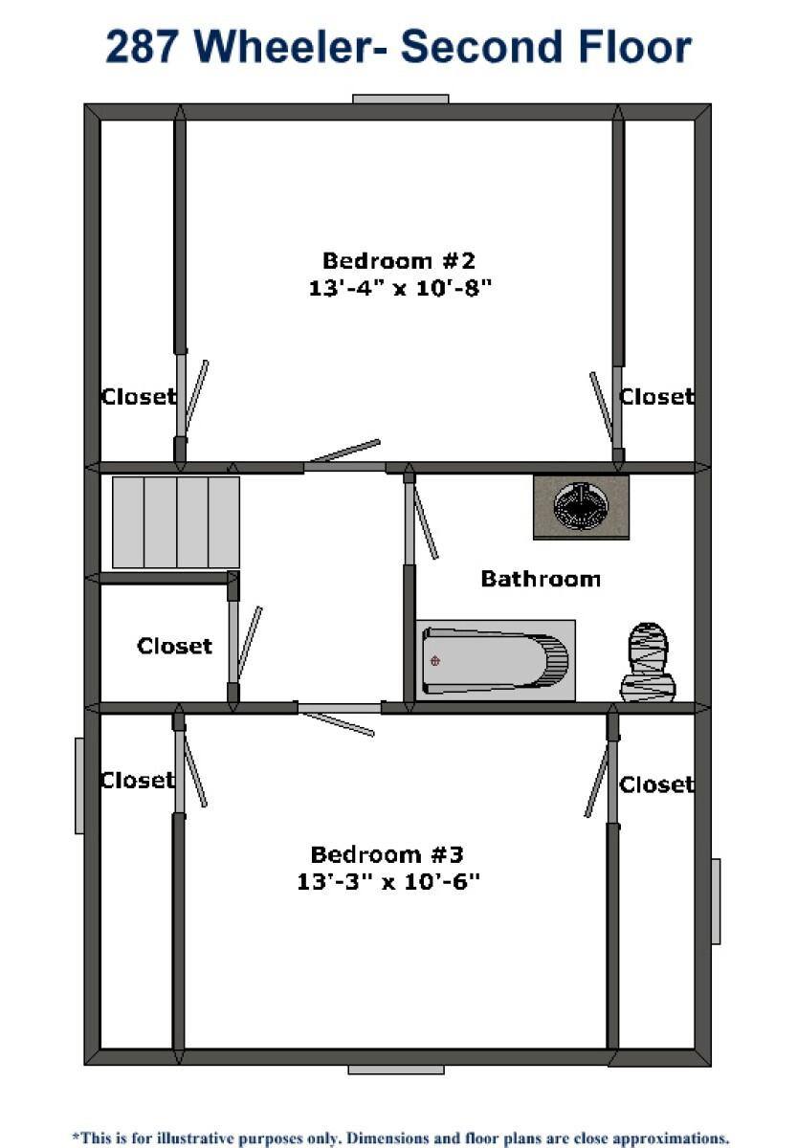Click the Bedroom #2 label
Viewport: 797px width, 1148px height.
coord(399,260)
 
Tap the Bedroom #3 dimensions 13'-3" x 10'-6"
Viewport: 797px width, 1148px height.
coord(388,881)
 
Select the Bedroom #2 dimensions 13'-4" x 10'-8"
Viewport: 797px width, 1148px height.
coord(400,288)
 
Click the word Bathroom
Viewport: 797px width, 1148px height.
coord(541,579)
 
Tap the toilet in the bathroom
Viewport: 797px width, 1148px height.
coord(648,662)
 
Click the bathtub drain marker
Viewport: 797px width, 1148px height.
coord(435,661)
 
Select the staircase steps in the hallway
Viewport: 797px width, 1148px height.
coord(176,521)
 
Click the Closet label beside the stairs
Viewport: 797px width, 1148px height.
coord(174,646)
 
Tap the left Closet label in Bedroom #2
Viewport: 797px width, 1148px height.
coord(139,396)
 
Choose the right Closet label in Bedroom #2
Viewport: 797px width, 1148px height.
coord(656,396)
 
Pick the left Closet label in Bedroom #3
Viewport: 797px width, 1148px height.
coord(138,780)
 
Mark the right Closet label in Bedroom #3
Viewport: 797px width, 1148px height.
coord(656,784)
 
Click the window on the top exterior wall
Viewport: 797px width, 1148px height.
coord(400,99)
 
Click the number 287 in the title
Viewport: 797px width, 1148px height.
coord(143,47)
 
